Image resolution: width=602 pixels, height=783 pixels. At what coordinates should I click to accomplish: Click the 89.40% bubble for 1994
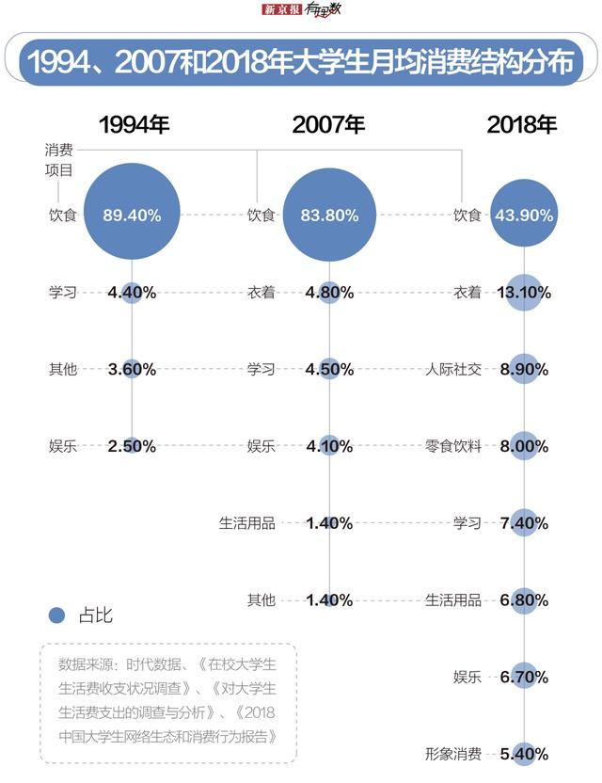click(132, 215)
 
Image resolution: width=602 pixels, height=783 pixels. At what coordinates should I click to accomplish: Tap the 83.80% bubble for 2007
click(329, 215)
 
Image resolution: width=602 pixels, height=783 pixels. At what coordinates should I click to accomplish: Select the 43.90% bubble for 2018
click(525, 215)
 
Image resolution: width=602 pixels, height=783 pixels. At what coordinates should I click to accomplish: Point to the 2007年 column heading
click(328, 124)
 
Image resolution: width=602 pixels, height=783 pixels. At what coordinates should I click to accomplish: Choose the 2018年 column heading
click(522, 124)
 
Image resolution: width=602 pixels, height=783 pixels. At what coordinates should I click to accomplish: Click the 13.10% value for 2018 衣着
click(525, 292)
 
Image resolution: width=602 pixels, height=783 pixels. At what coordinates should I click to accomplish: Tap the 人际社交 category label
click(453, 369)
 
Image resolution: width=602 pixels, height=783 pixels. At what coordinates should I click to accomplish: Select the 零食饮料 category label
click(453, 446)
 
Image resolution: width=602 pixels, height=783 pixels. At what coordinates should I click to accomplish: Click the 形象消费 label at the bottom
click(453, 754)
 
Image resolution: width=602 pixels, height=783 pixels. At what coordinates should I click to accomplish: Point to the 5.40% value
click(525, 754)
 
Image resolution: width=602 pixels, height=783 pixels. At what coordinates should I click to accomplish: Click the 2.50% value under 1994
click(132, 446)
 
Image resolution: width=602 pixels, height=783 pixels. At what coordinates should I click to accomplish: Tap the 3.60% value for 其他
click(132, 369)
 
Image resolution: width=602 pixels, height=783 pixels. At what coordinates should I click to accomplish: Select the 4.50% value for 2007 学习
click(329, 369)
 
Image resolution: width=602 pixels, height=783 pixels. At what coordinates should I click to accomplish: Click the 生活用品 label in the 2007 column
click(247, 523)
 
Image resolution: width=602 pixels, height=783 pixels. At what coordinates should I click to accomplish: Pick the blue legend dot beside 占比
click(57, 615)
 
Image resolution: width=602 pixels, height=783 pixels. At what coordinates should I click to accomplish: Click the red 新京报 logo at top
click(279, 10)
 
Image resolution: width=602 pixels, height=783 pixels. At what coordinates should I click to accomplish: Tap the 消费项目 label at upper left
click(59, 160)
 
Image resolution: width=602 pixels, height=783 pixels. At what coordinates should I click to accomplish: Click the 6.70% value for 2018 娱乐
click(525, 677)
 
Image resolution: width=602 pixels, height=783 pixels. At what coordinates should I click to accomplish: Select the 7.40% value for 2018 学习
click(525, 523)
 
